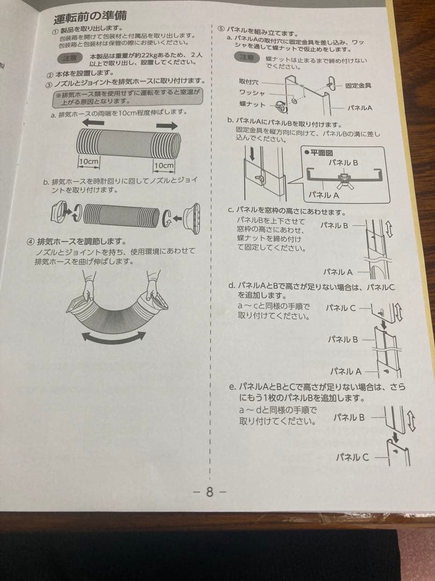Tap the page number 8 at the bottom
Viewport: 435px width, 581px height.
tap(209, 491)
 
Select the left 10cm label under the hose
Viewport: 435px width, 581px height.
tap(88, 161)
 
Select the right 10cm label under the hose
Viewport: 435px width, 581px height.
tap(164, 165)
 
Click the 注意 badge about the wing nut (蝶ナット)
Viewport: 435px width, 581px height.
tap(247, 58)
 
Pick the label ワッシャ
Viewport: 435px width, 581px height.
tap(252, 92)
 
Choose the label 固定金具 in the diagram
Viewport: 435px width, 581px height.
tap(358, 86)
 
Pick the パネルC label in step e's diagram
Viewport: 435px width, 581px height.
tap(352, 457)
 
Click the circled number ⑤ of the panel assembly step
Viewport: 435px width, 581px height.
tap(220, 27)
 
